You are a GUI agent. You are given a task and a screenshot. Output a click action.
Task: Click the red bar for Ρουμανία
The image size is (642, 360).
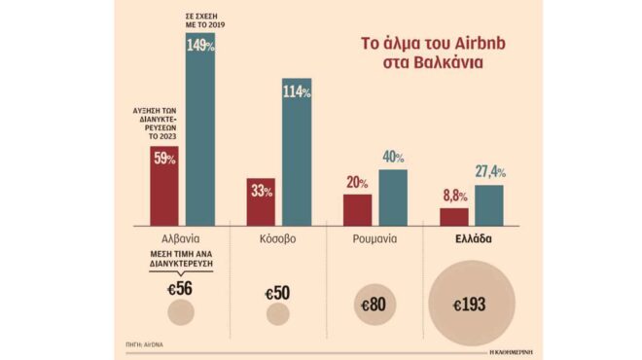(x=357, y=208)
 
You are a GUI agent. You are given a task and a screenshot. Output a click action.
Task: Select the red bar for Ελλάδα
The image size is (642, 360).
(x=453, y=215)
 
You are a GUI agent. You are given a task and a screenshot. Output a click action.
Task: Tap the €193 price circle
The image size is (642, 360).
(x=472, y=305)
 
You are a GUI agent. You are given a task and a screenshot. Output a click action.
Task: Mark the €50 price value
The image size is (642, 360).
(x=278, y=289)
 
